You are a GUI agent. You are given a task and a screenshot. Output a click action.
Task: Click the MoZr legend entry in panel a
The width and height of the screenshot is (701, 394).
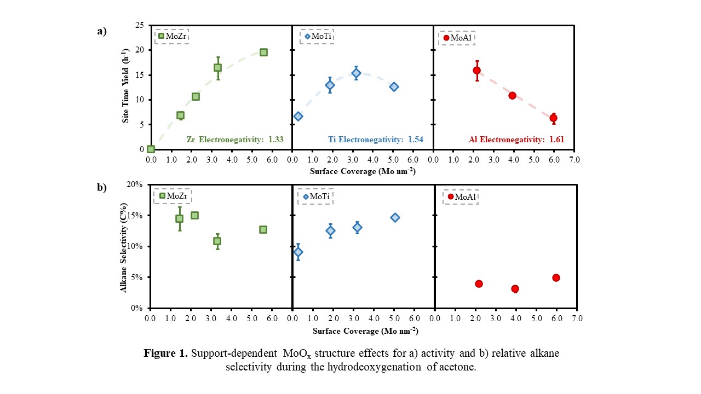click(x=172, y=36)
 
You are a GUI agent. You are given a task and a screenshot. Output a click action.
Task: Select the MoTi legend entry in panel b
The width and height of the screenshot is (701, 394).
click(x=315, y=196)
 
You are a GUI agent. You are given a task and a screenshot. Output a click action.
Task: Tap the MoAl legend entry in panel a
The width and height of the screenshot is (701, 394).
click(x=457, y=38)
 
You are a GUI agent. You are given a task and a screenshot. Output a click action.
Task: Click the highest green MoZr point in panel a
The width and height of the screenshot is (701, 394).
click(x=263, y=52)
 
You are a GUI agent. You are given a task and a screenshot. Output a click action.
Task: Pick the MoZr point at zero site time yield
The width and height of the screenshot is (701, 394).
click(x=151, y=149)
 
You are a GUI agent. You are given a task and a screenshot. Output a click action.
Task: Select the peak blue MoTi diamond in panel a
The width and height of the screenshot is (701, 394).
click(x=356, y=73)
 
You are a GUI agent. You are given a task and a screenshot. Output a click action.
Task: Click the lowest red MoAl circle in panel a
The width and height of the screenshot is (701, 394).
click(x=553, y=118)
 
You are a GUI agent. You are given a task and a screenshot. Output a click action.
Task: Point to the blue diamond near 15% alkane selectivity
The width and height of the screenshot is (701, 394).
click(x=395, y=217)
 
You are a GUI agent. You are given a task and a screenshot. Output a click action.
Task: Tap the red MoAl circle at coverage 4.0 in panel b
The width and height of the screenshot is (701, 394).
click(x=515, y=288)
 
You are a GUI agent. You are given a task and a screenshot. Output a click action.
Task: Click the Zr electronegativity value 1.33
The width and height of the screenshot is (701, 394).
click(x=275, y=140)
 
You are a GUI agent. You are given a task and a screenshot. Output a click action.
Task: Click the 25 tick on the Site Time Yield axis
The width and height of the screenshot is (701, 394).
click(x=140, y=25)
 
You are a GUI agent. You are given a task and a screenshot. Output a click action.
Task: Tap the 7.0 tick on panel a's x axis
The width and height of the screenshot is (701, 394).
click(x=575, y=160)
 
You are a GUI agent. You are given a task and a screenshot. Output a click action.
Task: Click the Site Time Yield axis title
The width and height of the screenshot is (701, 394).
click(x=125, y=88)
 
